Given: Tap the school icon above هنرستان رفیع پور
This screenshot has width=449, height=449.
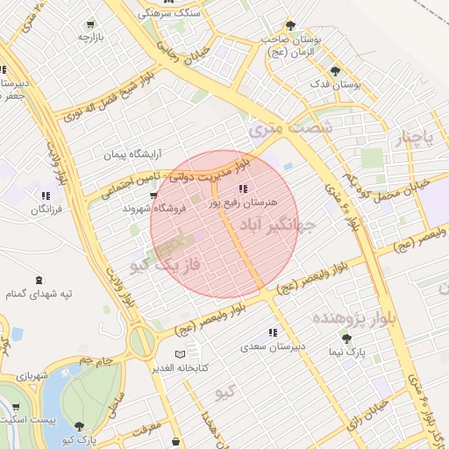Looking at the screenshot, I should click(x=243, y=189).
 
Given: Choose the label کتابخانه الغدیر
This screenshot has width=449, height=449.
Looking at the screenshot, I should click(x=181, y=367).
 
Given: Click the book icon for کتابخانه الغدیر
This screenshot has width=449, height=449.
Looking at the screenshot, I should click(x=180, y=354).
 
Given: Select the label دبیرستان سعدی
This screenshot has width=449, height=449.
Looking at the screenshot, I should click(x=274, y=346).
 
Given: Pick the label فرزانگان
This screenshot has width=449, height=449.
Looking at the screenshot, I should click(x=46, y=210).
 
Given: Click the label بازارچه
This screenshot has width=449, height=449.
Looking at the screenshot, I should click(x=90, y=38).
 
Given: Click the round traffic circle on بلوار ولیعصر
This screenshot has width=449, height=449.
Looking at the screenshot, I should click(x=141, y=341).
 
